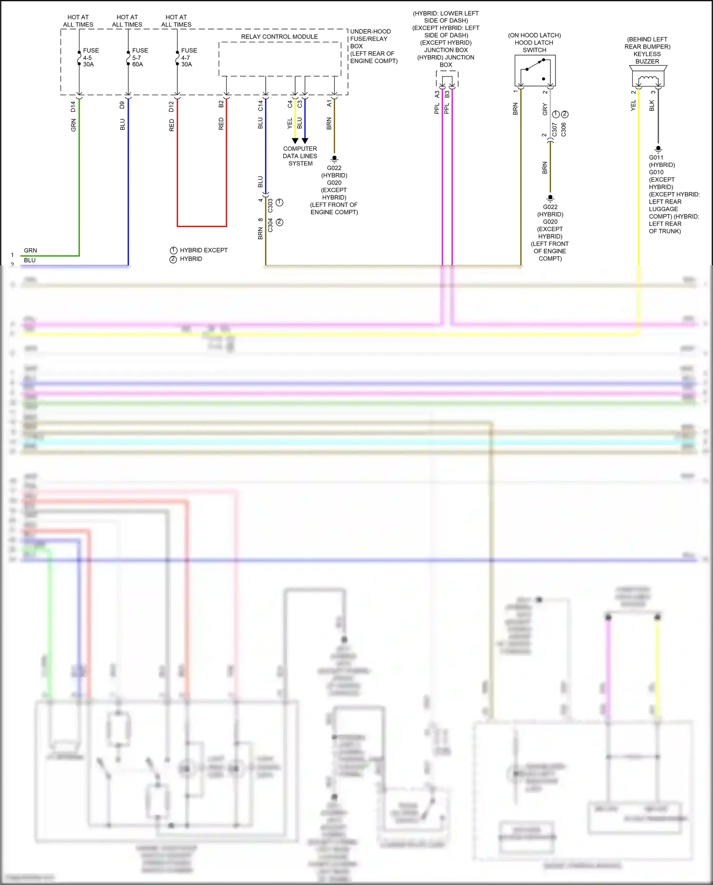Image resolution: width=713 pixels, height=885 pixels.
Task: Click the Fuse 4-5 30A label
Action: (90, 57)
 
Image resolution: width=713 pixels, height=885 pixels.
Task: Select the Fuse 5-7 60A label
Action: (140, 57)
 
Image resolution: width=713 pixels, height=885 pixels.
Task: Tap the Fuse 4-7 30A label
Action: (189, 57)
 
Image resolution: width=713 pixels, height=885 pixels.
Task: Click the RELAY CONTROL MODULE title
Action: (279, 37)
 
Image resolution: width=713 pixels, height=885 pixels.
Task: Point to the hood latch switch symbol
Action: (535, 70)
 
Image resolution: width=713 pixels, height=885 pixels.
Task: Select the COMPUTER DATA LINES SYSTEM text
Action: (300, 156)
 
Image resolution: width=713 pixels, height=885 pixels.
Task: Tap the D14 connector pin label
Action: (73, 107)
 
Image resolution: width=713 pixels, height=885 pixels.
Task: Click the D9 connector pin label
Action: (122, 105)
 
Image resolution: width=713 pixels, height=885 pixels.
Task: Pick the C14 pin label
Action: (260, 106)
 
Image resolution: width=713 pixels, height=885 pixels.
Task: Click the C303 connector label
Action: (270, 205)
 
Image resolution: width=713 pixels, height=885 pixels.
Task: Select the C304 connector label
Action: (270, 225)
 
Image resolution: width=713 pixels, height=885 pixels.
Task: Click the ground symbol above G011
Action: (658, 149)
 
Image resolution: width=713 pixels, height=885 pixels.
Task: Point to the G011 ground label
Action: (656, 157)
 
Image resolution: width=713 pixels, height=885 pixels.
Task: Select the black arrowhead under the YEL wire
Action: (295, 141)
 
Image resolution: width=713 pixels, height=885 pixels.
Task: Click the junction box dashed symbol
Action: (447, 79)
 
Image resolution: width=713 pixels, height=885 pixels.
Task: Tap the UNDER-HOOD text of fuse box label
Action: (370, 31)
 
